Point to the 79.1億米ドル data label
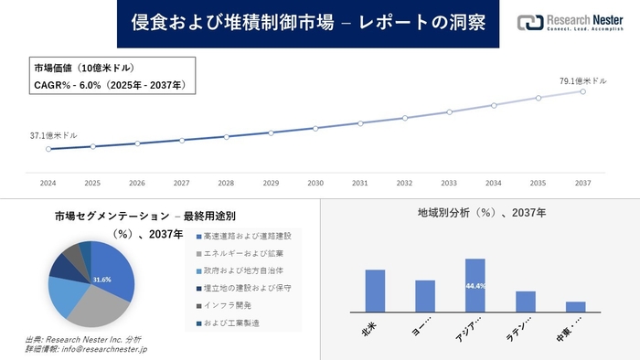(x=582, y=80)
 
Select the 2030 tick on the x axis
(x=315, y=183)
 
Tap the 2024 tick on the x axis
(x=48, y=183)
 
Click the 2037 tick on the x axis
(x=583, y=183)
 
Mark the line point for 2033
(x=449, y=112)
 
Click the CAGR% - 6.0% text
(x=109, y=85)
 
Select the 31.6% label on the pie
(x=101, y=279)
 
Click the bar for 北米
(x=375, y=291)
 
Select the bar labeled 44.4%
(x=475, y=285)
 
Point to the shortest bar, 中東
(x=575, y=306)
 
